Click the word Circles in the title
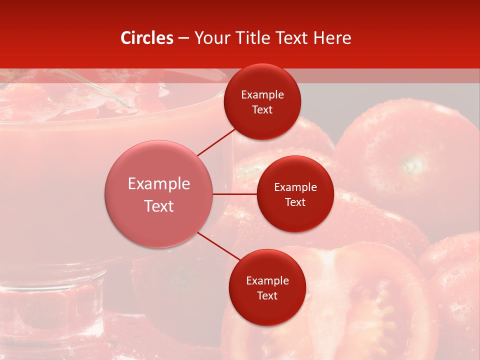click(x=147, y=38)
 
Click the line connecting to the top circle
click(x=216, y=142)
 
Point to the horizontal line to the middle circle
click(x=235, y=194)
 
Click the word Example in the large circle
click(x=159, y=184)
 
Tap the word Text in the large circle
click(x=159, y=206)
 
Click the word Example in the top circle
click(x=262, y=95)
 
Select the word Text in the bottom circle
click(x=267, y=295)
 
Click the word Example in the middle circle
click(x=295, y=187)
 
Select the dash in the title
click(x=183, y=38)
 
